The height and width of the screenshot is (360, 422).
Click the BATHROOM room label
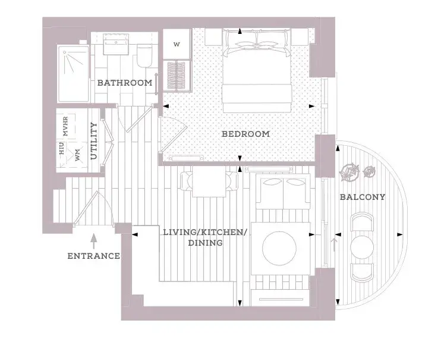point(125,83)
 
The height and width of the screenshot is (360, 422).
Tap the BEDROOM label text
point(245,134)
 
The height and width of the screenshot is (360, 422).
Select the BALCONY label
point(363,197)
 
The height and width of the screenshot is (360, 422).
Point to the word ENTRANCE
point(94,256)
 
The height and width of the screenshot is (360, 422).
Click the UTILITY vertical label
point(93,140)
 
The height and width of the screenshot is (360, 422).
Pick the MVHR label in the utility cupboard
point(65,126)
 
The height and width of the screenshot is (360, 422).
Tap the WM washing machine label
point(78,155)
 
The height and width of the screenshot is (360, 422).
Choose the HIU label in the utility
point(62,149)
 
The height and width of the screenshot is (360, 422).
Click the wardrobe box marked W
point(177,44)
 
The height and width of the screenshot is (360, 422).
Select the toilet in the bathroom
point(145,56)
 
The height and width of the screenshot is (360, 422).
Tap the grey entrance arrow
point(94,241)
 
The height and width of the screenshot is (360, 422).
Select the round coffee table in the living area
point(279,249)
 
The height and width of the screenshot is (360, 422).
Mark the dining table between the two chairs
point(209,181)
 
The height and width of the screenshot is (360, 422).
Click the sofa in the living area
point(282,192)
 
